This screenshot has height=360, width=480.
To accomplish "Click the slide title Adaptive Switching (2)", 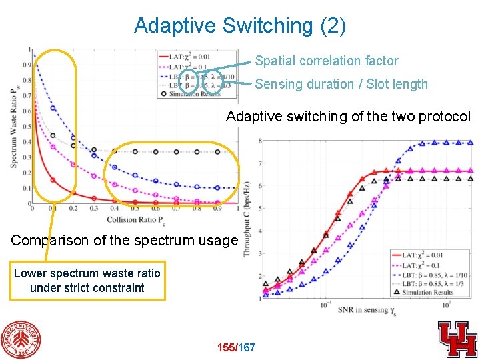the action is tap(240, 25).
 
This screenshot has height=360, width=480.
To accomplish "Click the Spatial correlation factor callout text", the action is tap(327, 61).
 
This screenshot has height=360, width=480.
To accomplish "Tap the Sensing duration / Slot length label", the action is tap(341, 84).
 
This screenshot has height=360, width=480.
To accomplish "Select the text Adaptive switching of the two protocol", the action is tap(348, 117).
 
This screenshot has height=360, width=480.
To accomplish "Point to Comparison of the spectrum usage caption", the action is tap(124, 240).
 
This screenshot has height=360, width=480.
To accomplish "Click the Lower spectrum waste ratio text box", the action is tap(87, 281).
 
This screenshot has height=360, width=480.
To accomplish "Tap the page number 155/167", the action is tap(237, 347).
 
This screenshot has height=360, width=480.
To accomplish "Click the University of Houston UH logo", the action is tap(457, 339).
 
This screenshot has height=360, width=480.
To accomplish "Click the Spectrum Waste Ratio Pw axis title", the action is tap(14, 127).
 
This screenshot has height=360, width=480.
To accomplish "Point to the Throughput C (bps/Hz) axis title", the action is tap(247, 220).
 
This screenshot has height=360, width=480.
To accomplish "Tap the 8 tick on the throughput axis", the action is tap(260, 141).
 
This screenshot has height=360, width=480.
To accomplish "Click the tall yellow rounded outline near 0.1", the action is tap(55, 125).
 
